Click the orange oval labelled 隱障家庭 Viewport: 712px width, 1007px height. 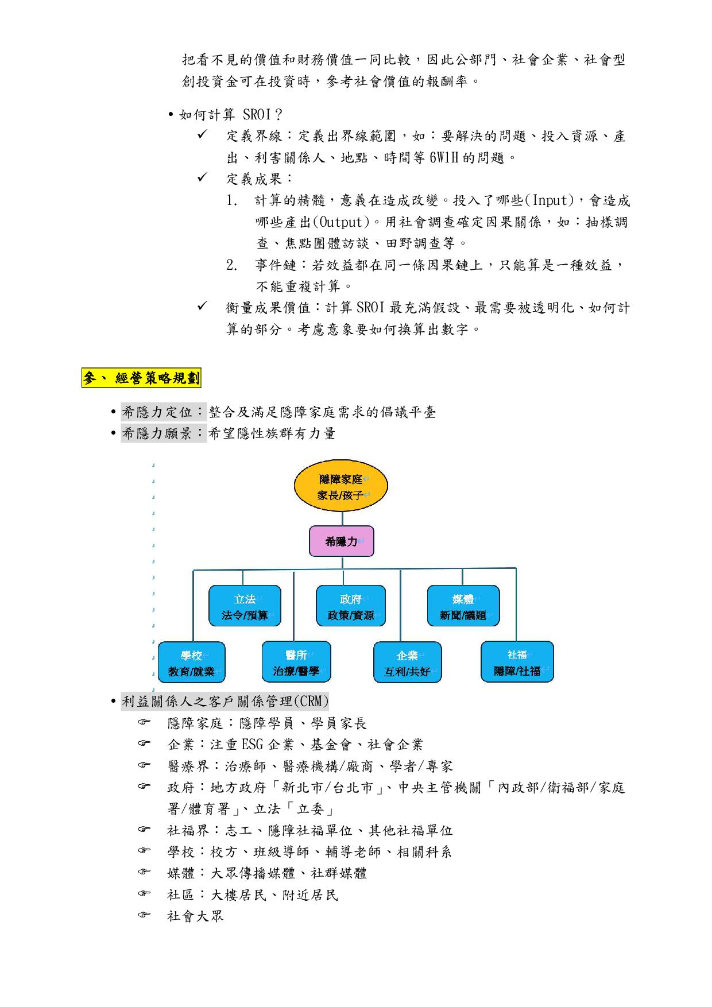(341, 487)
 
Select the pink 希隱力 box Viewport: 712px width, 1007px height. (342, 541)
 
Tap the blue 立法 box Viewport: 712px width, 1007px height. (245, 606)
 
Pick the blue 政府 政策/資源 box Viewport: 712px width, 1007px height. (350, 606)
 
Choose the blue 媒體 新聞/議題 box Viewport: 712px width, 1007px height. (463, 606)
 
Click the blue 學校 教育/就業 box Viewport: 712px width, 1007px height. (191, 663)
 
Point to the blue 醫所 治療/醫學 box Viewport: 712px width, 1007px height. (296, 662)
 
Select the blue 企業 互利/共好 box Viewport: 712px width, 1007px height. (407, 663)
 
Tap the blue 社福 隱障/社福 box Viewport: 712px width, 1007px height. (517, 662)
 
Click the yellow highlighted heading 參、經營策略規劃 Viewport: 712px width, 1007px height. (141, 378)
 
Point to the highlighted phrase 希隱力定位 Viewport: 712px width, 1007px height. (163, 412)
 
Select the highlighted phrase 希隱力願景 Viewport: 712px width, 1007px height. (163, 433)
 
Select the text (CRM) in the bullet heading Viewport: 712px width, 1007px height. (311, 701)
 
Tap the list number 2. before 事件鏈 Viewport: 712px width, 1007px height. (231, 265)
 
